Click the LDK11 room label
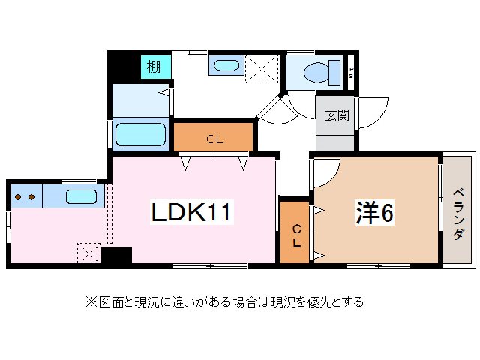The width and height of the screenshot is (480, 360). click(193, 214)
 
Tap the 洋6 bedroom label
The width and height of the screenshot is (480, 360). click(374, 213)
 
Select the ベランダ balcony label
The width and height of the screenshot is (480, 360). click(457, 214)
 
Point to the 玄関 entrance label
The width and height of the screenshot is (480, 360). click(336, 115)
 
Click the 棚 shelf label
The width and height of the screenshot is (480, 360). click(153, 67)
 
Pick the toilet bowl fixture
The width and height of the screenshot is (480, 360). click(316, 72)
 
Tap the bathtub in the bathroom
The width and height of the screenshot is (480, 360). click(141, 136)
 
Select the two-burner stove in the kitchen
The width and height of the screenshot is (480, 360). click(25, 198)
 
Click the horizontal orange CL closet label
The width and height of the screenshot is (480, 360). click(214, 139)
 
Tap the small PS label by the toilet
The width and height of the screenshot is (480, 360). click(352, 72)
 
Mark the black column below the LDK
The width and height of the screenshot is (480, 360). click(116, 255)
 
